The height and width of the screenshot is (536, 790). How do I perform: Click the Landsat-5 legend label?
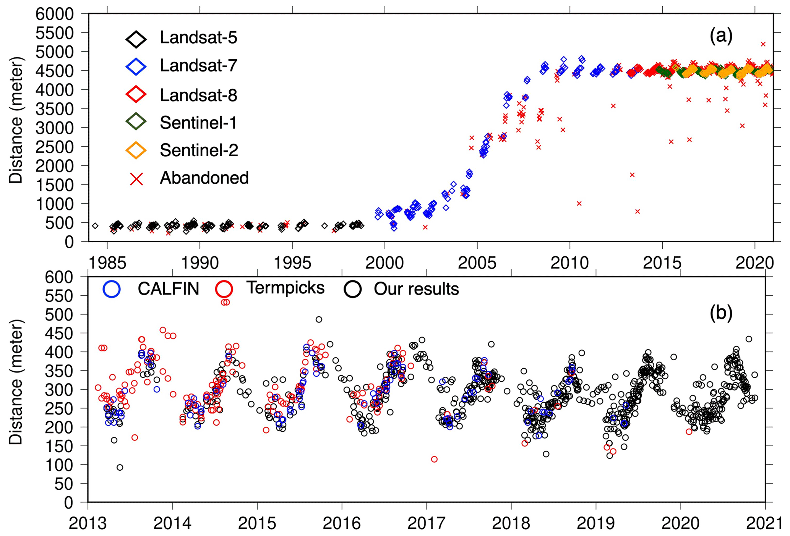pyautogui.click(x=198, y=38)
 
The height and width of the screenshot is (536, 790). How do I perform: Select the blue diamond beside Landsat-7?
pyautogui.click(x=136, y=66)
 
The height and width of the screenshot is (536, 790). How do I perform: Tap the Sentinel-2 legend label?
pyautogui.click(x=199, y=150)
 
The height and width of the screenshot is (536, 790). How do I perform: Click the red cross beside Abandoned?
pyautogui.click(x=136, y=178)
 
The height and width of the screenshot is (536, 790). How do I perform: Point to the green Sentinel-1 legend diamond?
pyautogui.click(x=136, y=122)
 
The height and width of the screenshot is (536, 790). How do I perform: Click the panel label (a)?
pyautogui.click(x=721, y=36)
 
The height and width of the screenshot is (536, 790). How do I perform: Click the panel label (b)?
pyautogui.click(x=721, y=313)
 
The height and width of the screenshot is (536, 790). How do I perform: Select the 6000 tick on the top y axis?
pyautogui.click(x=55, y=15)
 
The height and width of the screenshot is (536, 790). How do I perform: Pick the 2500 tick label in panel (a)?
pyautogui.click(x=55, y=147)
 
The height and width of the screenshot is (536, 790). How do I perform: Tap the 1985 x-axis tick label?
pyautogui.click(x=107, y=263)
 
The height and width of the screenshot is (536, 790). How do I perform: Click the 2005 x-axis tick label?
pyautogui.click(x=477, y=263)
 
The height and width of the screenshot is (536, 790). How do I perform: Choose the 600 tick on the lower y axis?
pyautogui.click(x=59, y=277)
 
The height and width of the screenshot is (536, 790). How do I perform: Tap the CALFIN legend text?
pyautogui.click(x=168, y=289)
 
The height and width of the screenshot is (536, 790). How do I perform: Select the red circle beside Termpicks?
pyautogui.click(x=224, y=289)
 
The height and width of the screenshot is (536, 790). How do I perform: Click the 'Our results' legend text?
pyautogui.click(x=416, y=289)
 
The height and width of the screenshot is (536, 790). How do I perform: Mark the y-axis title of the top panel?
pyautogui.click(x=16, y=120)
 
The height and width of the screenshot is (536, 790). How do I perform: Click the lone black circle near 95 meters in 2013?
pyautogui.click(x=120, y=467)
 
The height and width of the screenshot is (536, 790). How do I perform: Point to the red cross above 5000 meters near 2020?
pyautogui.click(x=763, y=44)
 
